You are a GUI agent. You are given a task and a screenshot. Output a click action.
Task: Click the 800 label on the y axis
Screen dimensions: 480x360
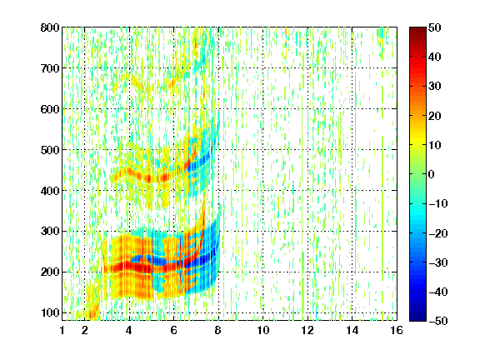click(x=50, y=27)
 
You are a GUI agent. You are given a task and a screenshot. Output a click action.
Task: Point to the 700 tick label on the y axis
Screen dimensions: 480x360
click(x=50, y=68)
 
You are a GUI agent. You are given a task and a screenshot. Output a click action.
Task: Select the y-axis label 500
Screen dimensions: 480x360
click(x=50, y=150)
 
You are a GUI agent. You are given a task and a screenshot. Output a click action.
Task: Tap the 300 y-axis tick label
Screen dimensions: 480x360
click(x=50, y=232)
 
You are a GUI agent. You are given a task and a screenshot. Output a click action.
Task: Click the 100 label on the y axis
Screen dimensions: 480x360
click(x=50, y=312)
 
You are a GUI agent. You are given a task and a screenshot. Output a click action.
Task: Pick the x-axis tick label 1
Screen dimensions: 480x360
click(x=62, y=330)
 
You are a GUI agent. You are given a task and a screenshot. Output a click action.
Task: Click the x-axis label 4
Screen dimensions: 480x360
click(x=129, y=330)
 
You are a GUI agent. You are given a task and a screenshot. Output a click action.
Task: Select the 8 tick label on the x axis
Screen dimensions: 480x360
click(x=218, y=330)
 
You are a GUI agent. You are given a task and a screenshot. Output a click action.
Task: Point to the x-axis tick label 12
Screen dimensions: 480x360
click(x=307, y=330)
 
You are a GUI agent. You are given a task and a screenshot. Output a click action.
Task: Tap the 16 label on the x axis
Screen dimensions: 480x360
click(x=397, y=330)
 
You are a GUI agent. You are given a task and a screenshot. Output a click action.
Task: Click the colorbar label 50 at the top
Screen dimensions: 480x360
click(x=435, y=27)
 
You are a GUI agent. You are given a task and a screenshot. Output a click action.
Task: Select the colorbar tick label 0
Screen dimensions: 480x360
click(x=432, y=174)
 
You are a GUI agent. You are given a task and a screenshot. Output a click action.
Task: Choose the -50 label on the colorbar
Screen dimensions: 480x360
click(x=438, y=321)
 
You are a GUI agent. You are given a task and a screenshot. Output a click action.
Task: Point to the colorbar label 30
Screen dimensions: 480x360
click(x=435, y=86)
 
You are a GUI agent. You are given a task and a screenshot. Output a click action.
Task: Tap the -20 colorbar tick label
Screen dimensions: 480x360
click(x=438, y=233)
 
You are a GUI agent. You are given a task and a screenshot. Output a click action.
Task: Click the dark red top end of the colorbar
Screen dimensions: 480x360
click(x=417, y=28)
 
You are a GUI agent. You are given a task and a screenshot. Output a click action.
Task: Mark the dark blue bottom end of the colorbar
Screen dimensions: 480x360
click(x=417, y=319)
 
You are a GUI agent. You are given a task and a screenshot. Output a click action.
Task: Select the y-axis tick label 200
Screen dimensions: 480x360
click(x=50, y=272)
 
